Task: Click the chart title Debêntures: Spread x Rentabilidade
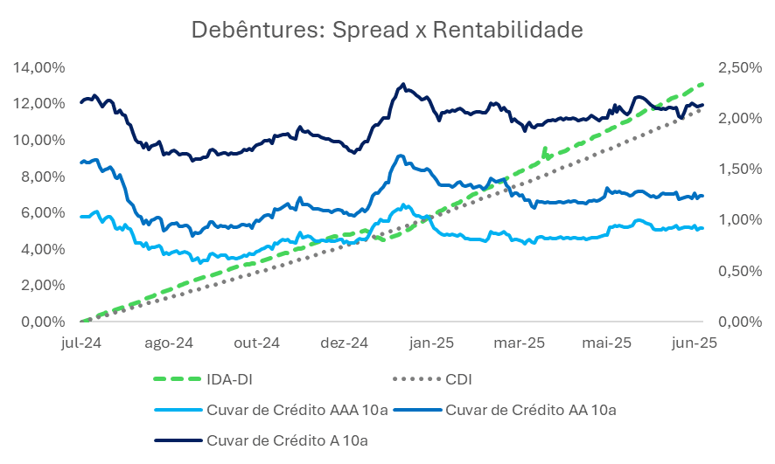(387, 31)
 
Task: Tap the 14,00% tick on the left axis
(40, 66)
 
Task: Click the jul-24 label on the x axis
(81, 343)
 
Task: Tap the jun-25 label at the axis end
(698, 343)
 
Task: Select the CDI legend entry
(459, 379)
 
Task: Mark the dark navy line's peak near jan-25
(401, 84)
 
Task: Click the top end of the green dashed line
(704, 83)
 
